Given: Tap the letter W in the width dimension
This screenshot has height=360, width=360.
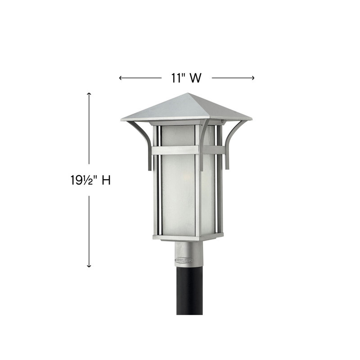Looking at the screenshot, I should [195, 78].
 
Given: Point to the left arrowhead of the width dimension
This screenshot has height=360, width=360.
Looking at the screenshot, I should [121, 78].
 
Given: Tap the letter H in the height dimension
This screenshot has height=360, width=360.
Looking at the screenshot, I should [106, 180].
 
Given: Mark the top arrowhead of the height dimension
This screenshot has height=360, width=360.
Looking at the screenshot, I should [89, 94].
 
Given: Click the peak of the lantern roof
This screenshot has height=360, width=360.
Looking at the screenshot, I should [188, 94].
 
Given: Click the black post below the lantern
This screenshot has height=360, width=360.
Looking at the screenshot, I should [189, 292].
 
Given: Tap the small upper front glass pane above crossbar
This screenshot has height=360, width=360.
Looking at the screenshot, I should [178, 135].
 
